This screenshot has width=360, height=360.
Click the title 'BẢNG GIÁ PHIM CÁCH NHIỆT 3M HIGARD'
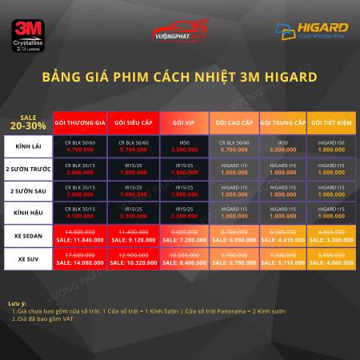pos(180,78)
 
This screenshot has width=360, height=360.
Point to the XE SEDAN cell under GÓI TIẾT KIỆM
pos(332,236)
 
